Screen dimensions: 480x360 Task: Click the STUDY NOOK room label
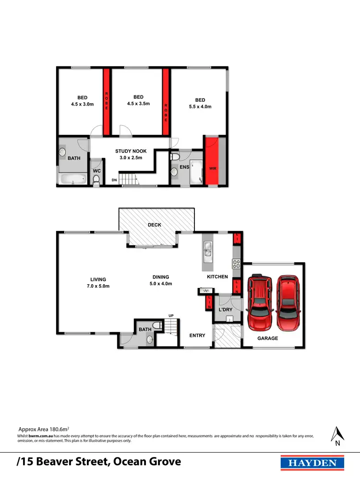[131, 151]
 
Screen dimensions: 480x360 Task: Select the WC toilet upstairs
[96, 180]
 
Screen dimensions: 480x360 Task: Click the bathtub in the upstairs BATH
[72, 180]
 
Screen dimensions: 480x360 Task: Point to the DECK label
[155, 225]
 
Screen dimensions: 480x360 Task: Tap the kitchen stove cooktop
[236, 264]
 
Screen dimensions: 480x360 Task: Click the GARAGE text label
[268, 338]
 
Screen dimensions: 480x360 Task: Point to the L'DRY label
[226, 310]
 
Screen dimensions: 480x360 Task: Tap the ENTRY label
[197, 336]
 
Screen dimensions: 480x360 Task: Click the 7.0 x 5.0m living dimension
[98, 286]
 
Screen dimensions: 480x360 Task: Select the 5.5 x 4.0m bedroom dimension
[200, 107]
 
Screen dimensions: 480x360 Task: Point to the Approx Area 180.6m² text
[44, 428]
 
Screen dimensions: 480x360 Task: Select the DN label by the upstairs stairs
[114, 180]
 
